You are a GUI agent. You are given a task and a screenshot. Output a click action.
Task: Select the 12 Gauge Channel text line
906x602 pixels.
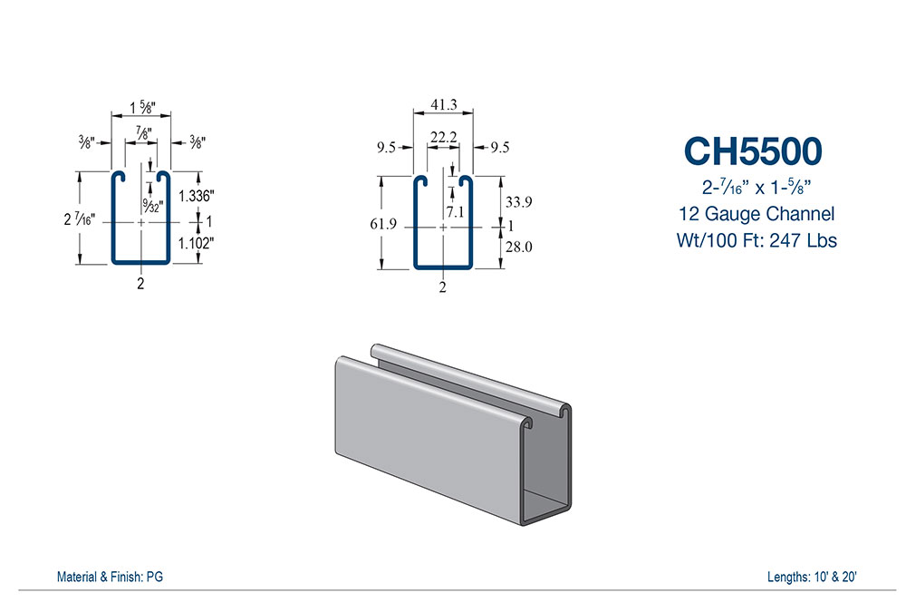pyautogui.click(x=755, y=215)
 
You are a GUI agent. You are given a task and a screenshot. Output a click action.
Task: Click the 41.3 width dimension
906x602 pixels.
pyautogui.click(x=443, y=105)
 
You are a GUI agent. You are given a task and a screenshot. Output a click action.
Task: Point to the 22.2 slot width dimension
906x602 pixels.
pyautogui.click(x=443, y=137)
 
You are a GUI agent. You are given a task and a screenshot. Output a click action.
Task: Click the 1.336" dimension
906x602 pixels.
pyautogui.click(x=196, y=196)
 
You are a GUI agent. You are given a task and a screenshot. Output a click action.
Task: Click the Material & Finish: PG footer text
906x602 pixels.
pyautogui.click(x=110, y=577)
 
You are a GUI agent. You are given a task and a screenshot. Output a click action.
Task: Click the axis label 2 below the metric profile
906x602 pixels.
pyautogui.click(x=443, y=288)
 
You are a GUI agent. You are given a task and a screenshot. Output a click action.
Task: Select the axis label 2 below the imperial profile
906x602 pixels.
pyautogui.click(x=140, y=284)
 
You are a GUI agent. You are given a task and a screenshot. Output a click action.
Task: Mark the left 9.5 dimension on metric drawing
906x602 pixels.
pyautogui.click(x=386, y=148)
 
